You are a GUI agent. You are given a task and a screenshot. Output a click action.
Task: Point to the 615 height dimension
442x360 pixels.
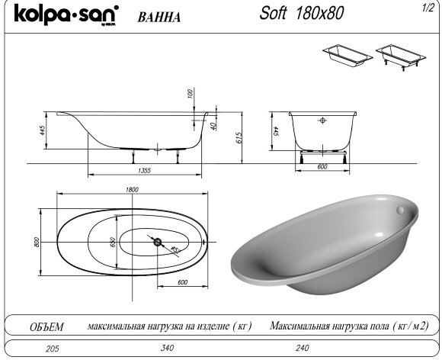point(239,137)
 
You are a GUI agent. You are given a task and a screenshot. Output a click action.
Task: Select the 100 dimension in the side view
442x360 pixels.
point(189,94)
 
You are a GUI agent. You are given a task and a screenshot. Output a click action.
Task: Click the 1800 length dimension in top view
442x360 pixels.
point(131,190)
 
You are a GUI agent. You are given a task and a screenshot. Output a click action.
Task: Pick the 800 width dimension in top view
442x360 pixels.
point(36,242)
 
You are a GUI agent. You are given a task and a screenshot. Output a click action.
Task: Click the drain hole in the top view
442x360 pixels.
point(158,243)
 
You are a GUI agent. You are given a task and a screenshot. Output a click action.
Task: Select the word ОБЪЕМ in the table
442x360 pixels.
point(46,326)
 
